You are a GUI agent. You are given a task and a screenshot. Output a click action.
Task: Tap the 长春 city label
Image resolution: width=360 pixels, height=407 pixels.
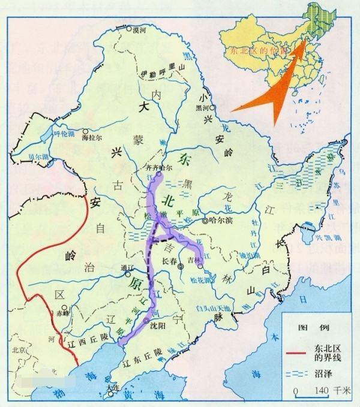point(172,261)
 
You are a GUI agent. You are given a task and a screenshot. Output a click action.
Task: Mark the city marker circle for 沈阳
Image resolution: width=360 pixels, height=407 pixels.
point(146,322)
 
